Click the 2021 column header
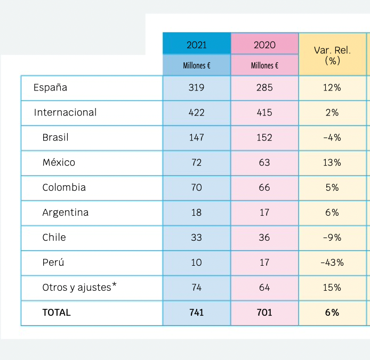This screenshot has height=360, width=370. pos(196,45)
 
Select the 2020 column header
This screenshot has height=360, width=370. pos(264,45)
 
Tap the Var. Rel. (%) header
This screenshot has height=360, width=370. pos(332,55)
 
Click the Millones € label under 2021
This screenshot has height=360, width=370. pos(196,66)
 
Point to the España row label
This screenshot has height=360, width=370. pos(50,87)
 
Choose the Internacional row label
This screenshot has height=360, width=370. pos(65,112)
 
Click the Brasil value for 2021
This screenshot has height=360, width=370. pos(196,137)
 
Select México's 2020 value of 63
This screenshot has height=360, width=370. pos(264,162)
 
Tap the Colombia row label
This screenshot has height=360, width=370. pos(64,187)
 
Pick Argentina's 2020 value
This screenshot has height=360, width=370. pos(264,212)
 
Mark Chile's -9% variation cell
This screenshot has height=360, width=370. pos(332,238)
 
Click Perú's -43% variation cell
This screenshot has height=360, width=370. pos(332,263)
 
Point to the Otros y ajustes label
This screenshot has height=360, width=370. pos(77,288)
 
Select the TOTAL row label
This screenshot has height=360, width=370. pos(57,313)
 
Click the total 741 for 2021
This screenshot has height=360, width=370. pos(196,313)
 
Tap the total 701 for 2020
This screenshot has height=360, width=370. pos(264,313)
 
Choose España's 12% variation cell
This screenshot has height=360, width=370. pos(332,87)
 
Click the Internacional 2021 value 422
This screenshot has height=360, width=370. pos(196,112)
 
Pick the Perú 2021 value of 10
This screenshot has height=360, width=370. pos(196,263)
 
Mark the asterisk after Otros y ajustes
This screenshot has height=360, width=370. pos(114,285)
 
